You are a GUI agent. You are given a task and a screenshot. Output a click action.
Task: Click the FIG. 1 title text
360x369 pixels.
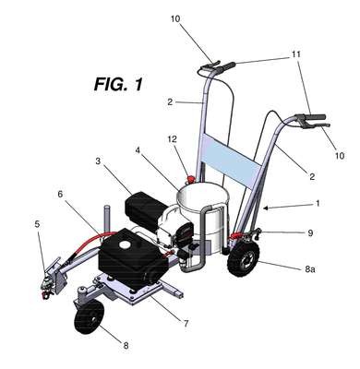click(118, 84)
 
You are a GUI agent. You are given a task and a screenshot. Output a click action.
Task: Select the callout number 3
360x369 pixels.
click(98, 161)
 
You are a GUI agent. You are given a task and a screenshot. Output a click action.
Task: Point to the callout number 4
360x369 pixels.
click(138, 150)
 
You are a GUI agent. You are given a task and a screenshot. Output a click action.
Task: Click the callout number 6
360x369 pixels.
click(60, 194)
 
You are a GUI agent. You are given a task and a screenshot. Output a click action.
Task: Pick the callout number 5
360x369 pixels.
click(37, 224)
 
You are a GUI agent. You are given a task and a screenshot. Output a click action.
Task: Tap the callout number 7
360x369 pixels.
click(186, 323)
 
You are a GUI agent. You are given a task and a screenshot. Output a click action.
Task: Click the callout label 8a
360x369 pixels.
click(310, 269)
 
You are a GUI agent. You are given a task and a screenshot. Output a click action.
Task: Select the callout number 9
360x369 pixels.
click(310, 232)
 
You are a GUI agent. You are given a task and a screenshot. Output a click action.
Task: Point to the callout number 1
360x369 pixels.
click(318, 203)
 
